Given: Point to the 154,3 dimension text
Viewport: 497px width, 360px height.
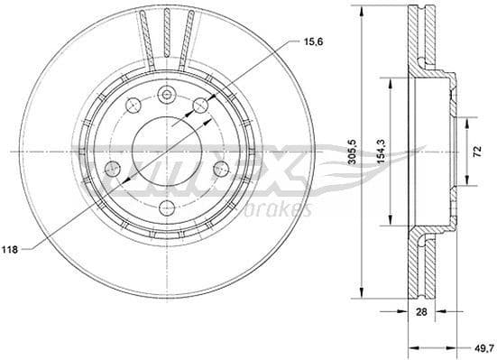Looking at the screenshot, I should tap(381, 151).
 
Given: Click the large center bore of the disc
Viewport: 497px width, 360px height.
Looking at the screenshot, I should tap(167, 150).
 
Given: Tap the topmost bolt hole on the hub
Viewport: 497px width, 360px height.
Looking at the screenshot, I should tap(166, 96).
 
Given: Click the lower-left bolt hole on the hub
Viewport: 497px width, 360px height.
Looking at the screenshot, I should tap(114, 168).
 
